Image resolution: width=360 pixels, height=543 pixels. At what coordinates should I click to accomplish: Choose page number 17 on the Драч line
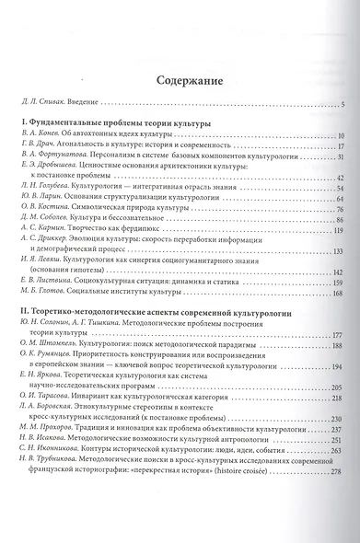(x=339, y=145)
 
